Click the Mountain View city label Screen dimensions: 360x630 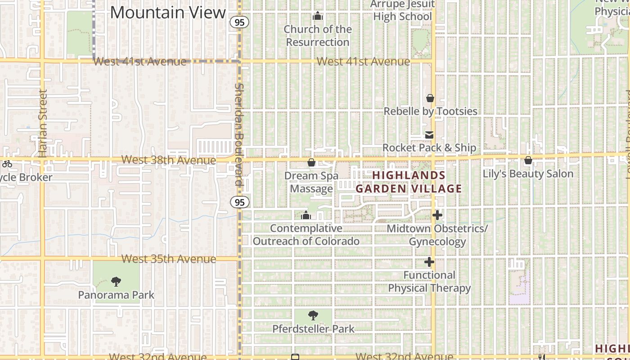(x=167, y=13)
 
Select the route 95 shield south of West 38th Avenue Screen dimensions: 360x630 (x=240, y=202)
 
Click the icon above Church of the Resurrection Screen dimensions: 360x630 (x=318, y=16)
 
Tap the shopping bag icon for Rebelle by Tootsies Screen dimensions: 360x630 (x=430, y=98)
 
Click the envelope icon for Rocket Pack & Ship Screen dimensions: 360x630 (x=429, y=135)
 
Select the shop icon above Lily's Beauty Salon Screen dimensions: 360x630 (x=528, y=160)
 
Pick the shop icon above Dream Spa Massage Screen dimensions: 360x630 (x=311, y=162)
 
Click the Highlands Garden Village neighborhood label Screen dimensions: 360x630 (x=409, y=182)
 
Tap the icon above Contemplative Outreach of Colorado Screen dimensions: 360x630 (x=306, y=215)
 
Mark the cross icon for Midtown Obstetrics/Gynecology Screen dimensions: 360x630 (x=437, y=215)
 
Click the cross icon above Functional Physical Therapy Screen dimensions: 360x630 (x=429, y=262)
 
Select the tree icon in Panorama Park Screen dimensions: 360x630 (x=116, y=282)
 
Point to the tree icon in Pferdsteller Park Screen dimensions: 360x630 (x=313, y=315)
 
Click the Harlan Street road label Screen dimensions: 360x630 (x=43, y=123)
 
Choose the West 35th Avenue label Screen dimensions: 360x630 (x=169, y=259)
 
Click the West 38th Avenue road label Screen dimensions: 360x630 (x=169, y=160)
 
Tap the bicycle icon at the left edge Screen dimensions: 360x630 (x=7, y=164)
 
